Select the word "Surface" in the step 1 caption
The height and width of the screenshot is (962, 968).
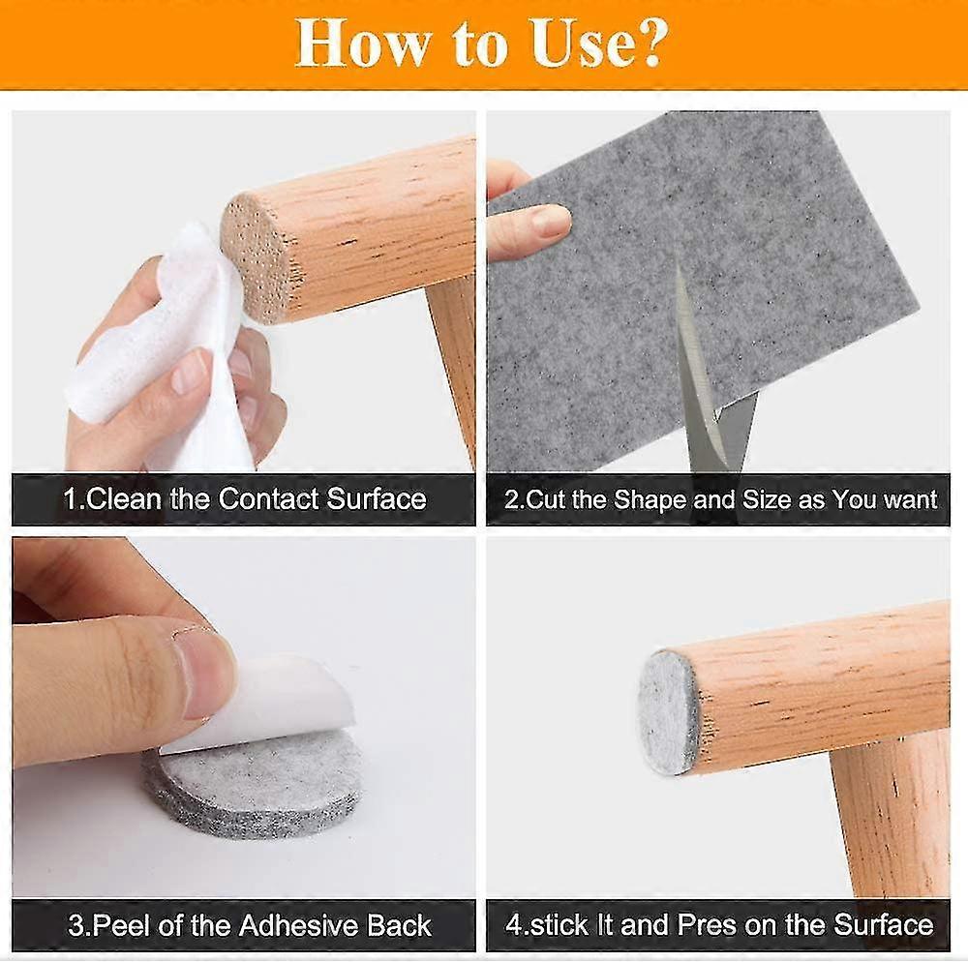tap(376, 499)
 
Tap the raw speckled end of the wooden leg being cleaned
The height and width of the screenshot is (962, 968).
tap(255, 256)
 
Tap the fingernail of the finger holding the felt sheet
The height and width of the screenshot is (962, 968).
tap(550, 221)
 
